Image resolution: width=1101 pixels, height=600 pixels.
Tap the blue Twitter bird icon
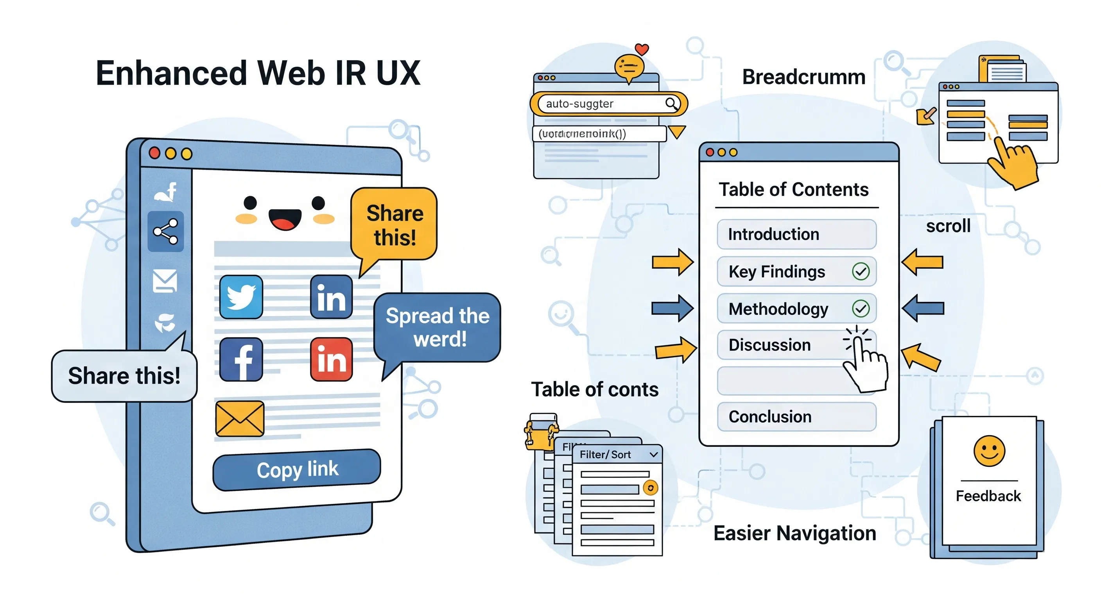point(241,297)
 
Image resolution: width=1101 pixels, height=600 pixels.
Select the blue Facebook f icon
point(241,359)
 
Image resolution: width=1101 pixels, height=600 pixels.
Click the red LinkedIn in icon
point(331,359)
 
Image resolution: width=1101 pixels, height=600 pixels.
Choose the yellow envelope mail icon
point(239,418)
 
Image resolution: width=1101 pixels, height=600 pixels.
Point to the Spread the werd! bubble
point(437,327)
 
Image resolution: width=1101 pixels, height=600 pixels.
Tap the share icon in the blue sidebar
point(165,231)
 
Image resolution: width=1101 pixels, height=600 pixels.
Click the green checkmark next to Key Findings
point(861,271)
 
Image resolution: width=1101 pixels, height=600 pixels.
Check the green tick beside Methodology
point(861,308)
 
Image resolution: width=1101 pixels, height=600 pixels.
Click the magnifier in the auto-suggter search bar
point(671,104)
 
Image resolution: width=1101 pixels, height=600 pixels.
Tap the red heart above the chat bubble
point(642,49)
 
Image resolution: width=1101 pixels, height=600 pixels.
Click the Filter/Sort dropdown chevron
point(653,454)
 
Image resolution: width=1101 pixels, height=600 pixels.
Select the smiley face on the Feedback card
point(989,451)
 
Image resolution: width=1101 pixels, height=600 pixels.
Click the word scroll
point(948,225)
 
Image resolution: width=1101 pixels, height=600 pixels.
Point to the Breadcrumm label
point(803,77)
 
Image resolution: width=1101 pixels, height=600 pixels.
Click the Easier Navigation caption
point(794,533)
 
